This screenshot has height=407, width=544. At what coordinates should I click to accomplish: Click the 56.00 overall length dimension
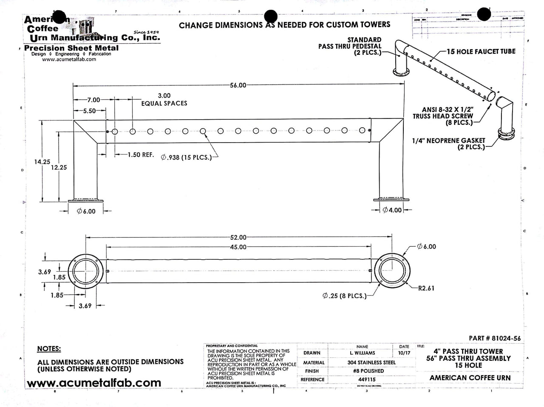click(238, 85)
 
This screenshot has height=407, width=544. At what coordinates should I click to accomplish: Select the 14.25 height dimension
click(42, 162)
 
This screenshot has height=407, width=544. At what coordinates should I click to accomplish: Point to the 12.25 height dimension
click(59, 167)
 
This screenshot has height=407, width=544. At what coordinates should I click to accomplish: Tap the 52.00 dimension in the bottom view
click(238, 237)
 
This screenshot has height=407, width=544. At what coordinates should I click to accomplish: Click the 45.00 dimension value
click(238, 247)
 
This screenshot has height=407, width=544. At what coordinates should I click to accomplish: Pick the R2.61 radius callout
click(426, 288)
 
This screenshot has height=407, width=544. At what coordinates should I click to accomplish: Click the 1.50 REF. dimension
click(141, 155)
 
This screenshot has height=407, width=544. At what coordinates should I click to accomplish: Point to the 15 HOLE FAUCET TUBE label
click(481, 51)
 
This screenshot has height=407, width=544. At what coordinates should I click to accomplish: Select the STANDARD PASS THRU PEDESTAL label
click(350, 46)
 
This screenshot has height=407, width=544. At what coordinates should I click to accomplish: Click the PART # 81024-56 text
click(495, 338)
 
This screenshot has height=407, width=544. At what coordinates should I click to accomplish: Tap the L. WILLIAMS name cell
click(362, 353)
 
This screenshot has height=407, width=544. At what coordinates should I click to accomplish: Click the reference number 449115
click(366, 379)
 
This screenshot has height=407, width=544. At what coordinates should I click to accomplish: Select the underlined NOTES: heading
click(49, 349)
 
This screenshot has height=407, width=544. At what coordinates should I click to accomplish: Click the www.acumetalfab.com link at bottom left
click(94, 382)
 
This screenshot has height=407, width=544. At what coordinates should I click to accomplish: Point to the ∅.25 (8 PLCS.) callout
click(344, 296)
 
